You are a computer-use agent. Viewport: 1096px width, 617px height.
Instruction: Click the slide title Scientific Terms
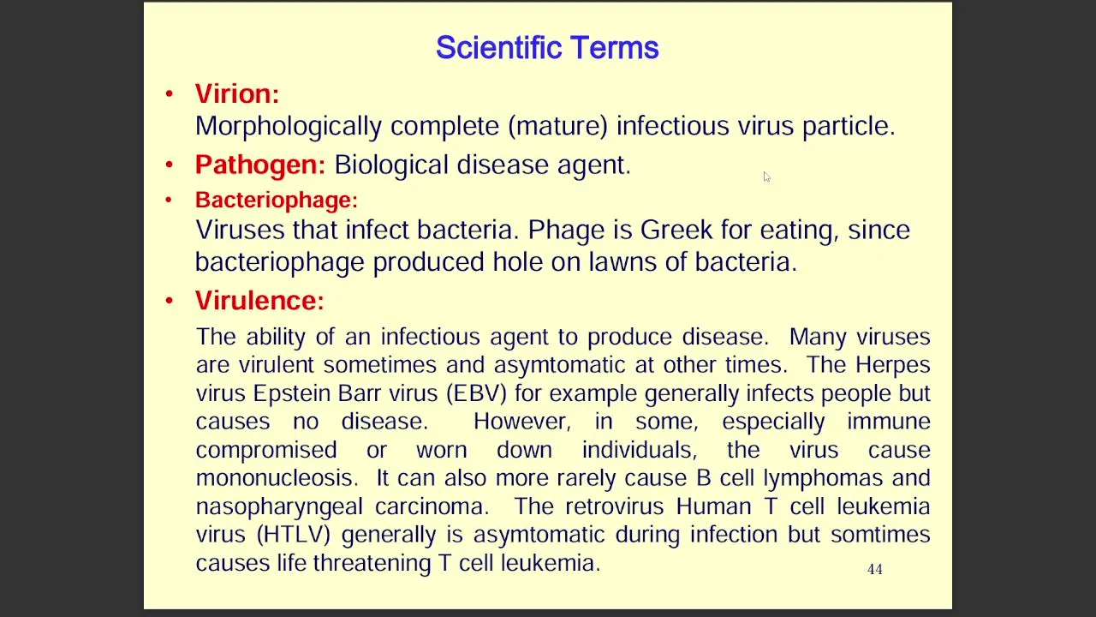547,47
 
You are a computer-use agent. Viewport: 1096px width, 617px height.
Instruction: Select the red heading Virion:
237,93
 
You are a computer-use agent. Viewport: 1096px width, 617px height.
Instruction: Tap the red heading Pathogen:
259,164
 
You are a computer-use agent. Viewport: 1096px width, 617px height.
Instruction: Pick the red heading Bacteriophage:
277,200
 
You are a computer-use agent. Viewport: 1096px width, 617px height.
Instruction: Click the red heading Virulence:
259,300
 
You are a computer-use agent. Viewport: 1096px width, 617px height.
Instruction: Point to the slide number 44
875,569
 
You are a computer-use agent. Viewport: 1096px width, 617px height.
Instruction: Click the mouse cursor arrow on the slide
766,177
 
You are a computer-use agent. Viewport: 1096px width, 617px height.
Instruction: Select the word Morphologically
289,126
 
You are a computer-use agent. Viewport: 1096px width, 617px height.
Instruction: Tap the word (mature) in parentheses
557,126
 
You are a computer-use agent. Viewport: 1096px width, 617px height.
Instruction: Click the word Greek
676,230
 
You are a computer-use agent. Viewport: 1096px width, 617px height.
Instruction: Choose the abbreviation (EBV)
476,393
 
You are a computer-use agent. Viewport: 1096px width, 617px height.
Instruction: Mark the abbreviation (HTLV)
294,534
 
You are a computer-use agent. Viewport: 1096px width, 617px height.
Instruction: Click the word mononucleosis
274,478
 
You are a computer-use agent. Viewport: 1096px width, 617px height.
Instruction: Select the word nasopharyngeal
279,506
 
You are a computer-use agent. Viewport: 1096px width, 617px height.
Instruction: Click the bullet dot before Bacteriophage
169,200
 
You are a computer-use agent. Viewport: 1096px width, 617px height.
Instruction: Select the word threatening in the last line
372,563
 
